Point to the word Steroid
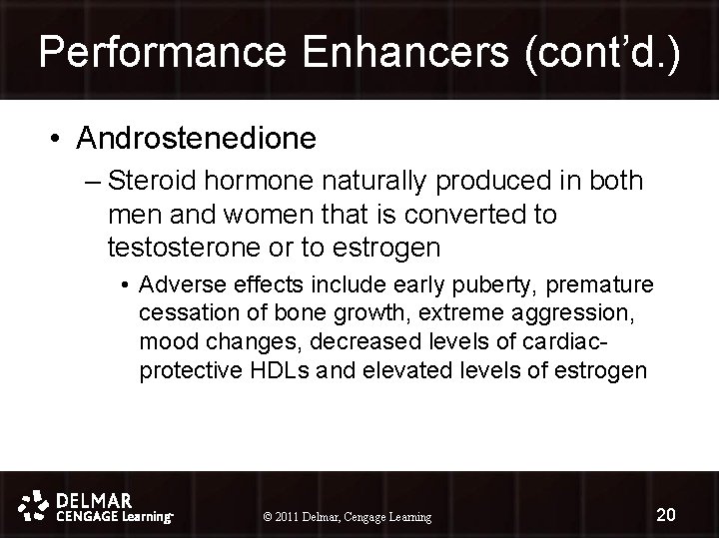[x=146, y=182]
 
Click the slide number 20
[x=666, y=514]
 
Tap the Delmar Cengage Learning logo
[x=98, y=506]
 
